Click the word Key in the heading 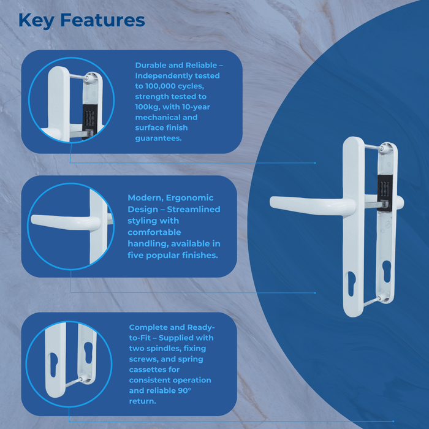38,20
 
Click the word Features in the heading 102,20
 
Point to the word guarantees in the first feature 159,139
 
